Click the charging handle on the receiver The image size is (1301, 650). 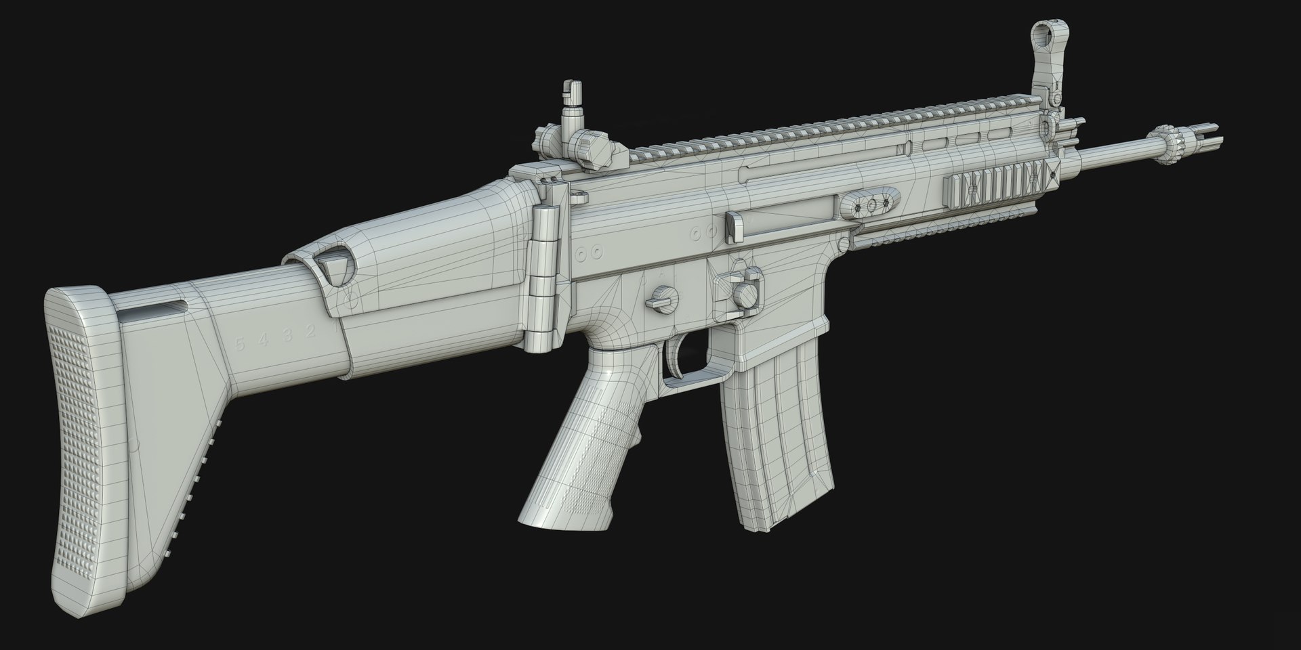[735, 227]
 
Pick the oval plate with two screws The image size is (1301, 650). [871, 204]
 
